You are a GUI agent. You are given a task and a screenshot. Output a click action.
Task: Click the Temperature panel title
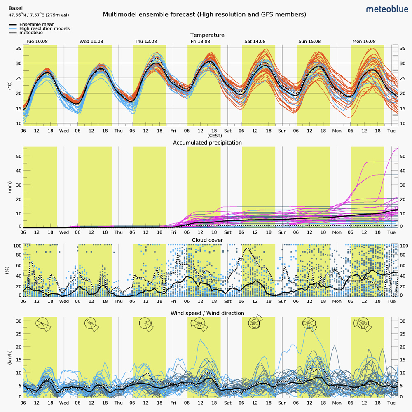point(207,35)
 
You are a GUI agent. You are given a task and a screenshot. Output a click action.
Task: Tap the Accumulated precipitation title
point(207,143)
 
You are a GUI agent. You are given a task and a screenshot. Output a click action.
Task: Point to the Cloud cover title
point(207,240)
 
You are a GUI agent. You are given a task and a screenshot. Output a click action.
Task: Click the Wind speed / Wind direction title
point(207,313)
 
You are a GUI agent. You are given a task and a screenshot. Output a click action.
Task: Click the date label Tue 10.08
point(37,42)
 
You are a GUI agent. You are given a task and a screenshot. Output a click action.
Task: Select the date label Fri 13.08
point(200,42)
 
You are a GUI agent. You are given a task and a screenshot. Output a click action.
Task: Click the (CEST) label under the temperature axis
point(214,136)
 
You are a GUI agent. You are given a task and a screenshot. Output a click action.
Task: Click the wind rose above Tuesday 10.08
point(42,324)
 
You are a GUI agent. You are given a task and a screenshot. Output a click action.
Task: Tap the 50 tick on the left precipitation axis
point(19,156)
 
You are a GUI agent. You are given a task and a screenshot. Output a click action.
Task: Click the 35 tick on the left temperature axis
point(19,48)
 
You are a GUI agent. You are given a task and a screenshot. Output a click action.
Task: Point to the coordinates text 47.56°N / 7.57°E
point(39,15)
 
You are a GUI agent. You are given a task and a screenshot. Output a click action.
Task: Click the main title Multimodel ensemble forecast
point(204,15)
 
